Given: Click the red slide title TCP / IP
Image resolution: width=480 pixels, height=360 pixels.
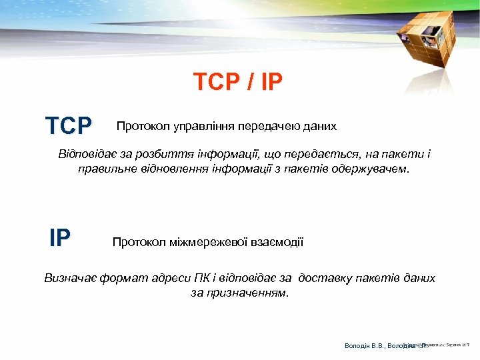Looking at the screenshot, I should coord(238,82).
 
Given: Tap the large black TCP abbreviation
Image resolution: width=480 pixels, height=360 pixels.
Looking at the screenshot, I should coord(69,125).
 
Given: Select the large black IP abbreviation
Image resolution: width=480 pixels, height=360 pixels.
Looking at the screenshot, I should coord(60,238).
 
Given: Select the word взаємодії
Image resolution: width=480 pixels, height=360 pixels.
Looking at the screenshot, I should coord(277,241).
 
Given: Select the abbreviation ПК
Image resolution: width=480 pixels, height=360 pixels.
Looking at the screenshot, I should coord(201,278).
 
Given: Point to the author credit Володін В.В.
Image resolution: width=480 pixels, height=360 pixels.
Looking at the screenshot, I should coord(365,346).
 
